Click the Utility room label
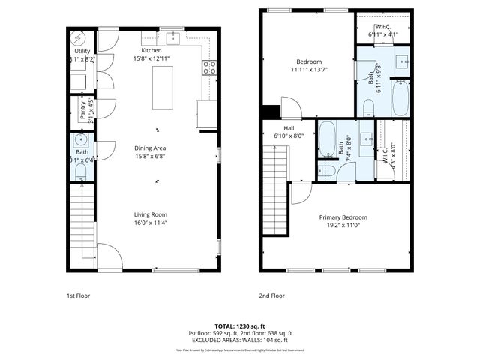tap(82, 50)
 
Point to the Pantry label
tap(82, 111)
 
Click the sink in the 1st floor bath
tap(79, 140)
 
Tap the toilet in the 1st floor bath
tap(80, 172)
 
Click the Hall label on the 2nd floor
tap(289, 128)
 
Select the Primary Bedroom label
tap(341, 217)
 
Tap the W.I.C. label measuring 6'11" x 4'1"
tap(382, 31)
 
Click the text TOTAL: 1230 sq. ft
tap(240, 326)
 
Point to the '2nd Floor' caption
tap(272, 295)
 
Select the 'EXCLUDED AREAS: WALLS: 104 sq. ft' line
tap(240, 340)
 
